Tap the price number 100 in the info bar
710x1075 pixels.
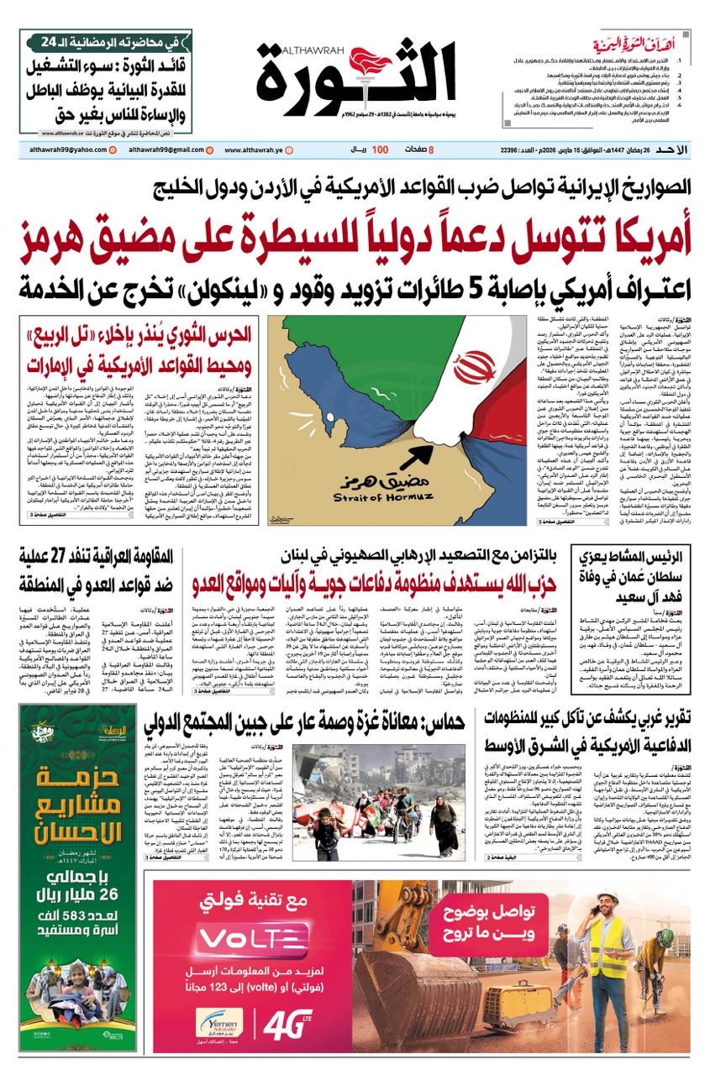[380, 149]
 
